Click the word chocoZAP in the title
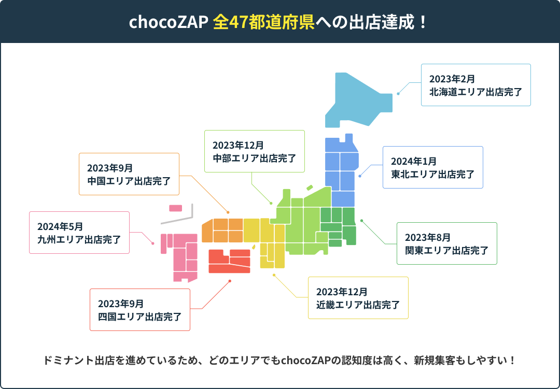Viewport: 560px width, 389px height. coord(168,22)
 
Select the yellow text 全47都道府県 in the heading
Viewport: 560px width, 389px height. coord(263,22)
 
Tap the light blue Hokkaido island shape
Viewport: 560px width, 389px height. coord(358,98)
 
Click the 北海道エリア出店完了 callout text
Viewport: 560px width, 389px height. coord(475,92)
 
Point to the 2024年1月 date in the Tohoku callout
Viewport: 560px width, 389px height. coord(414,161)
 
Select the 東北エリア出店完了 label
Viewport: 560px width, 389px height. coord(433,174)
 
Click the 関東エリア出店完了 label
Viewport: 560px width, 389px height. coord(446,251)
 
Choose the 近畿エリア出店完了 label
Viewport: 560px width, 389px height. coord(358,305)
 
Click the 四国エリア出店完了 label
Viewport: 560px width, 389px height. coord(139,316)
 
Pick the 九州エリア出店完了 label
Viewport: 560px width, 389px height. coord(79,240)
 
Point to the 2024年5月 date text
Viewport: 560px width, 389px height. coord(60,226)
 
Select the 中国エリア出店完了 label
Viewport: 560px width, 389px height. coord(129,181)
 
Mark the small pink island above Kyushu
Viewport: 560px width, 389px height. coord(176,208)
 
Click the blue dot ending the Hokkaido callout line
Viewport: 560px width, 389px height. coord(398,94)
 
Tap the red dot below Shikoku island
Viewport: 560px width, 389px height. coord(230,281)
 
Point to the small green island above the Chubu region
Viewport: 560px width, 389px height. coord(310,188)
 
